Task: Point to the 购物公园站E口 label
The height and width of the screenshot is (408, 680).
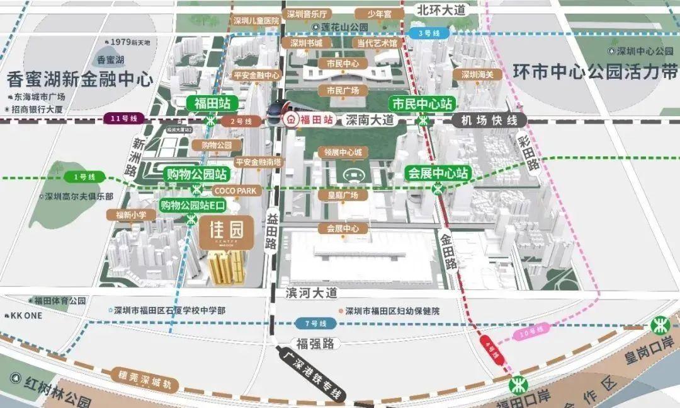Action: coord(193,205)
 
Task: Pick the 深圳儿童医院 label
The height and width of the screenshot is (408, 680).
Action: coord(255,21)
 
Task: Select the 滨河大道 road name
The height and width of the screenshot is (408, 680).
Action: coord(312,293)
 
